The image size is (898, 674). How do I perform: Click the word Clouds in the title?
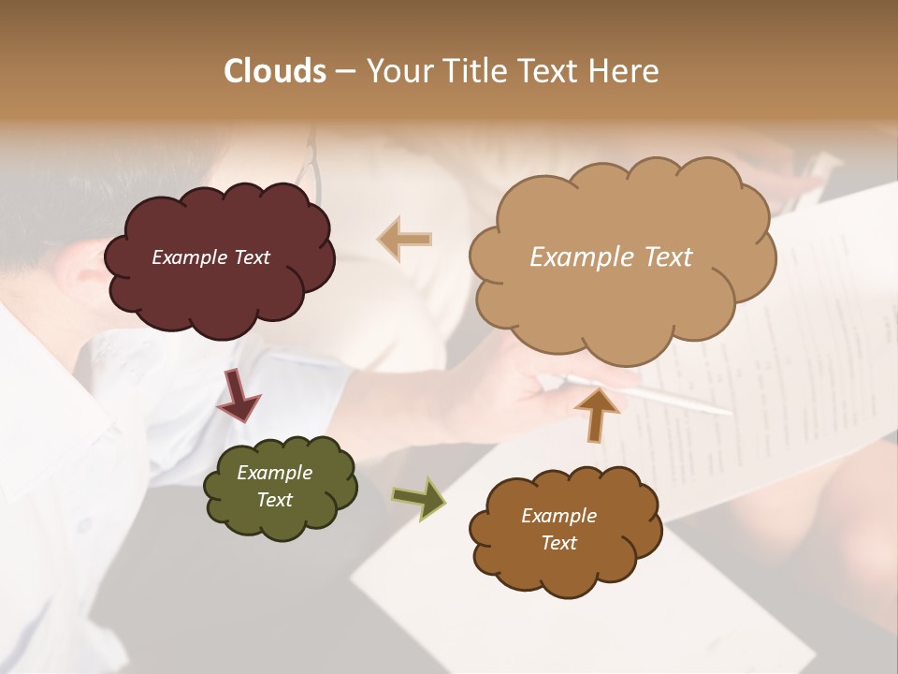(275, 71)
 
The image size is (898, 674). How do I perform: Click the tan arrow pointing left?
(405, 240)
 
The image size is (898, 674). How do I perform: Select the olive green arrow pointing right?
(418, 497)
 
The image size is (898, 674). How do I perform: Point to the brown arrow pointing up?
(596, 414)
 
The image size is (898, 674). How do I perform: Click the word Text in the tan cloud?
(662, 257)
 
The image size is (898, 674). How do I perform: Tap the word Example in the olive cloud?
(274, 473)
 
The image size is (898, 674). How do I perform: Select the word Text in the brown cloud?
(558, 543)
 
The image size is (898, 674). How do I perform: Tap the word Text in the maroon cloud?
(251, 257)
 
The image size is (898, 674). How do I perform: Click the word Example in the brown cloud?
(558, 516)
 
